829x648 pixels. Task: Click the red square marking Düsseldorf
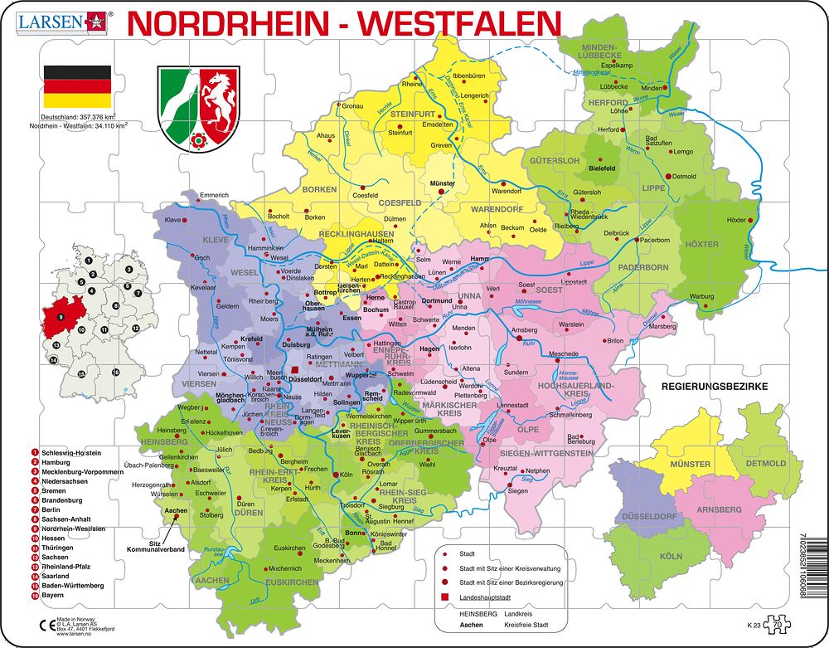tap(295, 371)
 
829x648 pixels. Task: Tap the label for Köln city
tap(346, 475)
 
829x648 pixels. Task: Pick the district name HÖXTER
tap(703, 245)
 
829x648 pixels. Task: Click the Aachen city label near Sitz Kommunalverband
tap(177, 511)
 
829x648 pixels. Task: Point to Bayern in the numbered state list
tap(52, 595)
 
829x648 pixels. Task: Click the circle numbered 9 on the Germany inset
tap(61, 317)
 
